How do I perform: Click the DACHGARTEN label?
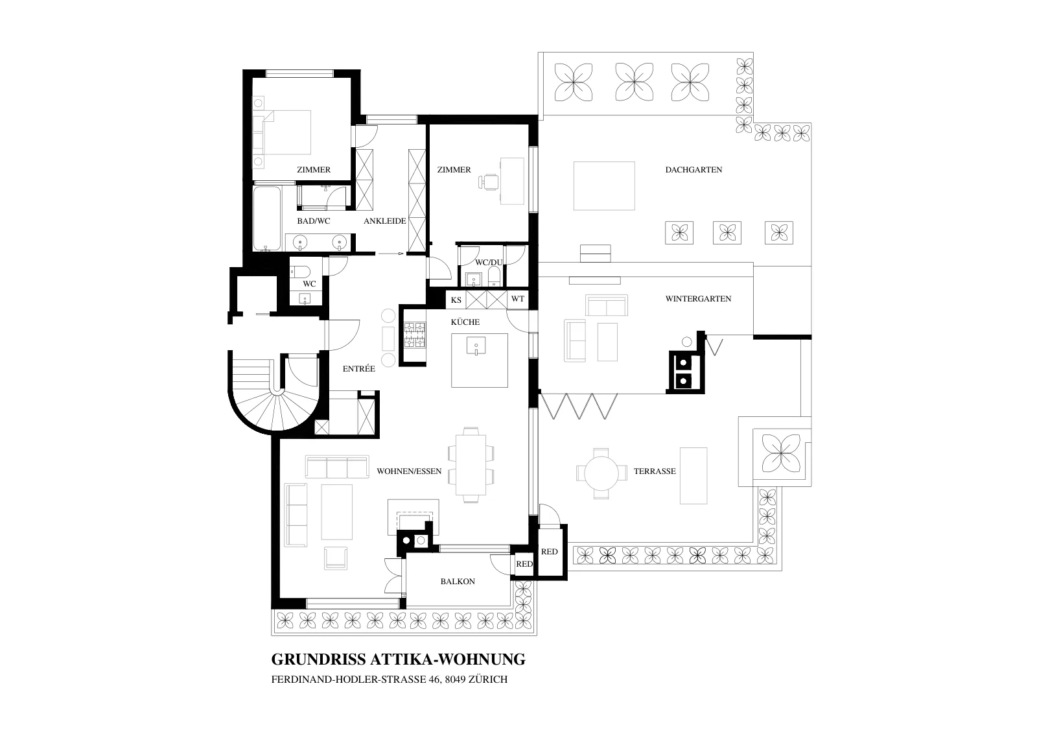tap(693, 169)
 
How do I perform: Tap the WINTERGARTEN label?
tap(698, 299)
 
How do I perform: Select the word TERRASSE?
tap(655, 471)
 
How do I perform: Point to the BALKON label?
tap(458, 581)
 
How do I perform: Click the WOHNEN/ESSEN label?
tap(409, 471)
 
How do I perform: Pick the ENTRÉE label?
tap(359, 368)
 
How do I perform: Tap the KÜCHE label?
tap(465, 322)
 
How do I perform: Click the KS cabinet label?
tap(456, 300)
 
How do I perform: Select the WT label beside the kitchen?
tap(518, 299)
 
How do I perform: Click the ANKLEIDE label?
tap(385, 221)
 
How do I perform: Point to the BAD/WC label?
tap(314, 221)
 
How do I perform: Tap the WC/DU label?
tap(489, 262)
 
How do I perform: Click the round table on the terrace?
tap(601, 473)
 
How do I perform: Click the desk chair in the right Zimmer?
tap(489, 182)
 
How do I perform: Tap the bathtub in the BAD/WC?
tap(267, 218)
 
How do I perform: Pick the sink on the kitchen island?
tap(476, 346)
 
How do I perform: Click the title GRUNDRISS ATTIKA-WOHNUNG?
tap(398, 659)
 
